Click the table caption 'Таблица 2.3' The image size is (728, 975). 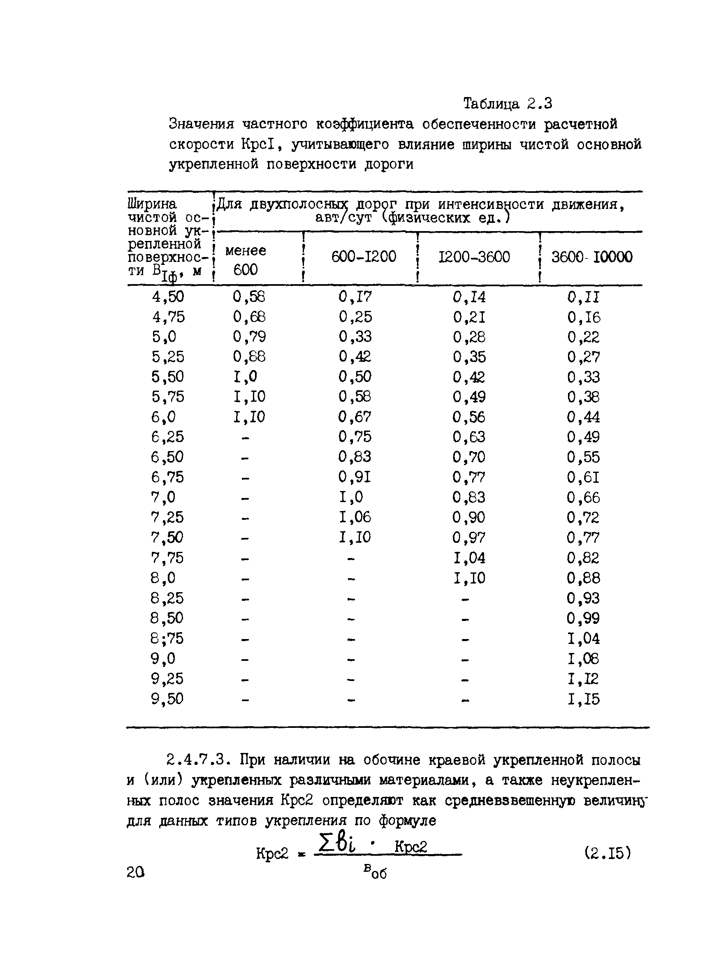tap(507, 104)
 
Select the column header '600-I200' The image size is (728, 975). tap(364, 257)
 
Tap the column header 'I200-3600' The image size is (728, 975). tap(474, 257)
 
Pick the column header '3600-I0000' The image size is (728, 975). tap(591, 257)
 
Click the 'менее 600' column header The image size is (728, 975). tap(246, 260)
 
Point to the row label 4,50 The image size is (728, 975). tap(168, 296)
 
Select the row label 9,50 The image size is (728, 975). tap(167, 699)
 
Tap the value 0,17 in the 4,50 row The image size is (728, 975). tap(355, 296)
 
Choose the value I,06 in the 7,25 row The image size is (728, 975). tap(355, 517)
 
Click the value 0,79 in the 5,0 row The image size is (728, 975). tap(249, 337)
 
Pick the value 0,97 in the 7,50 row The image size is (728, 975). tap(469, 537)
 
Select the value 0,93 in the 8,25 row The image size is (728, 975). tap(584, 598)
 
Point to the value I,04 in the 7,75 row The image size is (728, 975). tap(469, 558)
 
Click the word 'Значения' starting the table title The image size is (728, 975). tap(201, 124)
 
